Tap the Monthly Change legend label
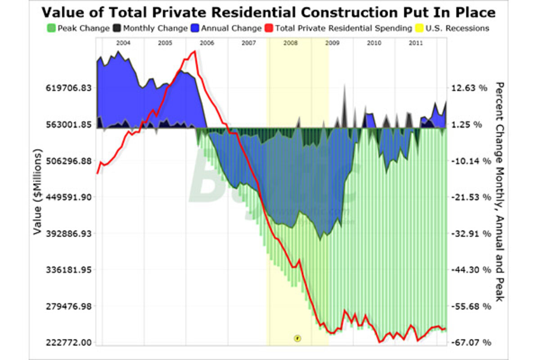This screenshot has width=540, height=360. (x=155, y=28)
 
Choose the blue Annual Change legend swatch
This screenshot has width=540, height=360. (x=195, y=28)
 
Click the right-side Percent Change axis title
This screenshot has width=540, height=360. (x=499, y=192)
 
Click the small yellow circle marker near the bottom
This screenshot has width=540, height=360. (x=297, y=338)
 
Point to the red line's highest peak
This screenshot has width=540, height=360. (x=194, y=51)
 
